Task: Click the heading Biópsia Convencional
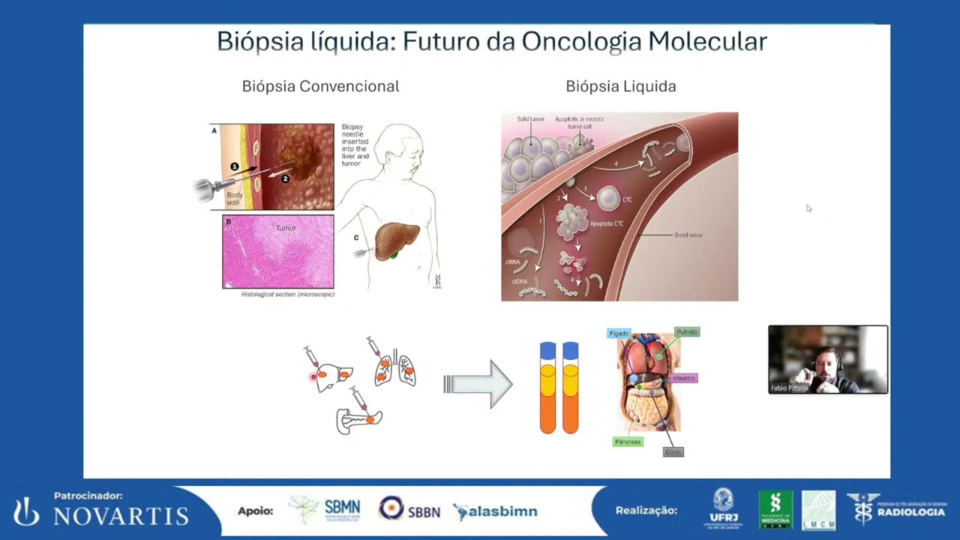point(320,86)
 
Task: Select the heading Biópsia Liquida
point(620,86)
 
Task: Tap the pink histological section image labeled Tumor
point(278,252)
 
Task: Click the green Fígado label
point(619,333)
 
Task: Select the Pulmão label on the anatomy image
point(686,331)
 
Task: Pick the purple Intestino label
point(683,378)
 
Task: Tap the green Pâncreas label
point(628,442)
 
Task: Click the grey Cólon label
point(673,451)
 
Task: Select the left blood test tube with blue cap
point(548,388)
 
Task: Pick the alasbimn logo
point(496,511)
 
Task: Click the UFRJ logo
point(723,509)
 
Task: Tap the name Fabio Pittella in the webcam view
point(789,388)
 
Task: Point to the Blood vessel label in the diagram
point(688,235)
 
